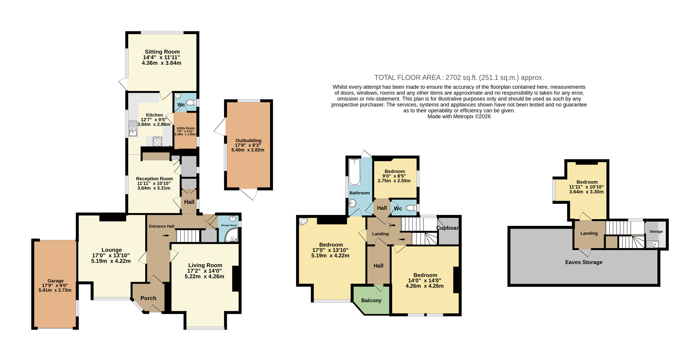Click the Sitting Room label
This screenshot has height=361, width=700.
(x=162, y=52)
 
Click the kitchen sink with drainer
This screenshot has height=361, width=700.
(x=133, y=128)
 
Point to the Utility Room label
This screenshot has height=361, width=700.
(x=186, y=128)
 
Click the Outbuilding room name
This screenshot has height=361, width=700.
(x=248, y=141)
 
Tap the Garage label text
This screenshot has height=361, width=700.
(x=55, y=281)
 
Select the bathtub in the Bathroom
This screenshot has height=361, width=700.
(x=354, y=172)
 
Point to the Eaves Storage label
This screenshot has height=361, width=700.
(x=584, y=262)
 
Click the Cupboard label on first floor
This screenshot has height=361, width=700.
(x=448, y=228)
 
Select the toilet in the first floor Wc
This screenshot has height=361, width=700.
(x=411, y=208)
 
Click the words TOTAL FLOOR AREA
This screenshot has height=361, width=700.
(x=407, y=78)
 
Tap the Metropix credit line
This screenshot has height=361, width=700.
(x=459, y=116)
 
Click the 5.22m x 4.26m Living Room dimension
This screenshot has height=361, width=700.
(x=204, y=276)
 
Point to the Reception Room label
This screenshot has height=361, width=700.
(x=154, y=179)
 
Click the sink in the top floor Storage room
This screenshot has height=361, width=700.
(x=652, y=244)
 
